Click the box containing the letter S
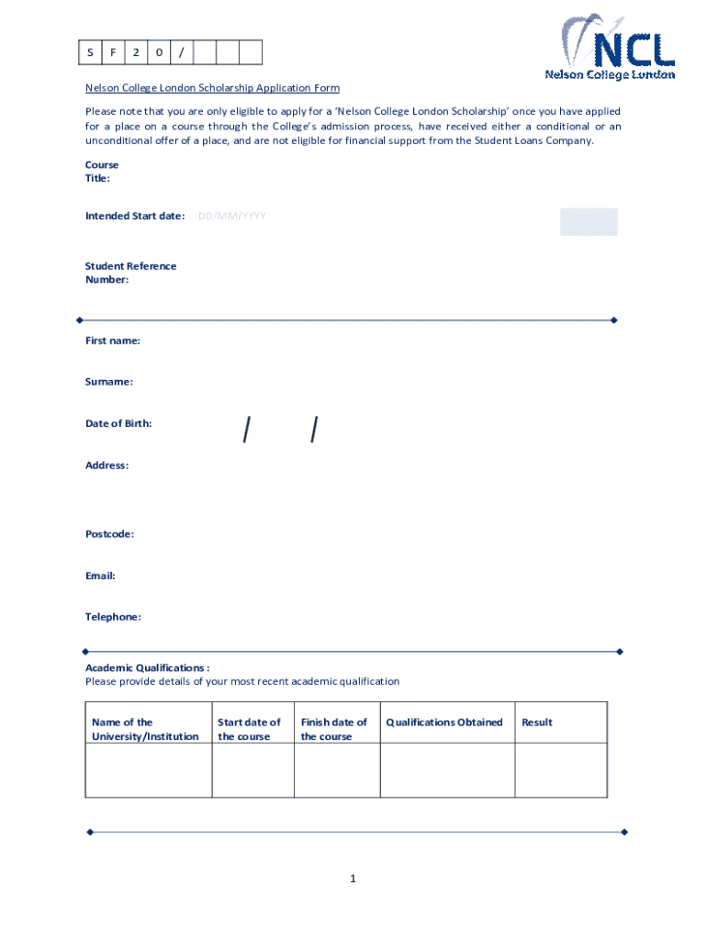point(89,52)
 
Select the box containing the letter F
point(112,52)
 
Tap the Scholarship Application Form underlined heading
point(212,88)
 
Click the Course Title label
point(101,172)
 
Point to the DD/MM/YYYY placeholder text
point(232,216)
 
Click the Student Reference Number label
point(130,273)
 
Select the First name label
point(113,341)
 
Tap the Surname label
point(109,381)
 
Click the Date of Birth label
point(118,423)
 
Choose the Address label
point(107,465)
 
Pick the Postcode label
point(109,533)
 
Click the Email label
point(100,576)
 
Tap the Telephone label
point(113,617)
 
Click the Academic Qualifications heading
point(147,667)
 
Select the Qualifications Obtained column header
point(444,722)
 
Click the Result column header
point(537,722)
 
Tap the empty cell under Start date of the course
point(252,769)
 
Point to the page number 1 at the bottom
point(353,878)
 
